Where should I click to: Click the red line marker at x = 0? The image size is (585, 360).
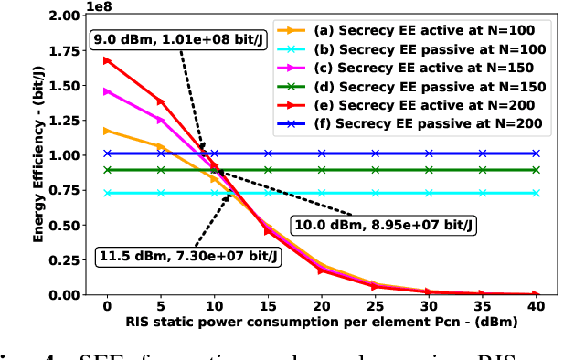107,60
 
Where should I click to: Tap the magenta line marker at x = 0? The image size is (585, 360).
107,91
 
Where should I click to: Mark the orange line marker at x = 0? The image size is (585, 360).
107,131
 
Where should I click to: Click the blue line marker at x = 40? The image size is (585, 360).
537,154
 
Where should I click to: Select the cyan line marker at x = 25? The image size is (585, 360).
376,193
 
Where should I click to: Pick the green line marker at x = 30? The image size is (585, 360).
429,170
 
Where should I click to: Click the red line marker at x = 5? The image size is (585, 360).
161,101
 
